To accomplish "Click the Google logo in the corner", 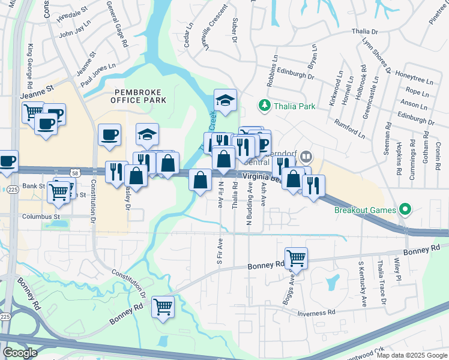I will click(20, 352).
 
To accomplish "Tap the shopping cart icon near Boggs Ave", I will click(296, 259).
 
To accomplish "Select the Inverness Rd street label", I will click(316, 313).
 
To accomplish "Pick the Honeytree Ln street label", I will click(412, 80).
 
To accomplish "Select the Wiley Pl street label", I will click(397, 270).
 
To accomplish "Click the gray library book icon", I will click(306, 157).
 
